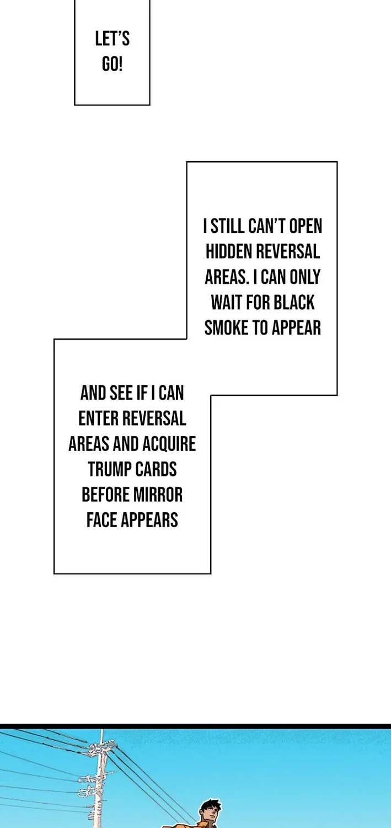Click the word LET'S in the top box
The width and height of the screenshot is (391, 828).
click(113, 39)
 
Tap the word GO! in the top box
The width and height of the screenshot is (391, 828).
click(113, 65)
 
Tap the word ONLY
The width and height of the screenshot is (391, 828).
click(305, 277)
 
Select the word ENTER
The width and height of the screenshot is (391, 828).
click(98, 418)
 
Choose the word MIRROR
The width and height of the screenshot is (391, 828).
click(158, 495)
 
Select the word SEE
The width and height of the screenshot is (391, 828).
click(121, 393)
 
